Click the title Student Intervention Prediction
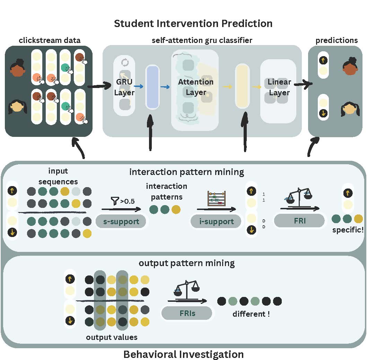[x=193, y=24]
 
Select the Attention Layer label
[x=196, y=87]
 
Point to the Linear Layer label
[x=279, y=87]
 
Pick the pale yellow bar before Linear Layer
[x=242, y=87]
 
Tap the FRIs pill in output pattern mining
[x=187, y=313]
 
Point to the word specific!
[x=348, y=230]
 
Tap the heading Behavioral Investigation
[x=183, y=354]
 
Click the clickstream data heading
[x=49, y=40]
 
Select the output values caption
[x=112, y=337]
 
